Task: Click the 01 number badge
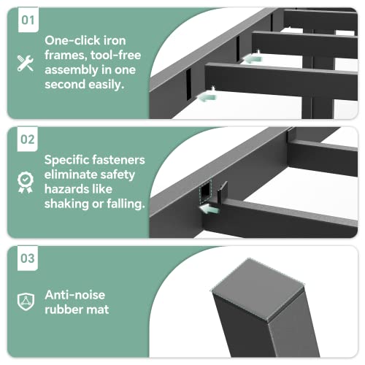pyautogui.click(x=28, y=20)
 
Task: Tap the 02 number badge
pyautogui.click(x=28, y=139)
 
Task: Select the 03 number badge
pyautogui.click(x=28, y=258)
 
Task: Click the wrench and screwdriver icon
pyautogui.click(x=26, y=64)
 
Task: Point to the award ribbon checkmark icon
pyautogui.click(x=26, y=182)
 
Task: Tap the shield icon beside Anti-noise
pyautogui.click(x=26, y=301)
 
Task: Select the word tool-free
pyautogui.click(x=115, y=55)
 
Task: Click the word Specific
pyautogui.click(x=66, y=160)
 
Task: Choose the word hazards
pyautogui.click(x=64, y=189)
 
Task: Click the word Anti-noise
pyautogui.click(x=75, y=295)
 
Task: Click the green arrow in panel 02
pyautogui.click(x=209, y=210)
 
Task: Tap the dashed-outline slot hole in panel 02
pyautogui.click(x=206, y=191)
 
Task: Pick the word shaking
pyautogui.click(x=66, y=204)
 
